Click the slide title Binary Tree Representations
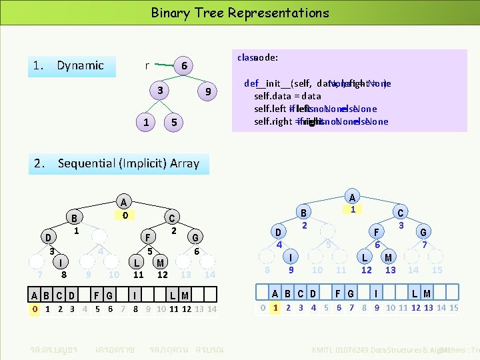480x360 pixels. (x=240, y=13)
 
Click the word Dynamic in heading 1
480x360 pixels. (x=80, y=65)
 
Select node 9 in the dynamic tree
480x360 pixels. (x=209, y=92)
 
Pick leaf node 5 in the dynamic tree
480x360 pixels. (x=173, y=123)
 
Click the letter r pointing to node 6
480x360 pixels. (x=147, y=65)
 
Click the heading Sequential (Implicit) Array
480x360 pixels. (x=128, y=163)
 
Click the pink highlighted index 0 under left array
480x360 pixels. (x=35, y=309)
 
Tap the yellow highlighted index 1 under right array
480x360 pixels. (x=275, y=307)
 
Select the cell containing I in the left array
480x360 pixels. (x=135, y=295)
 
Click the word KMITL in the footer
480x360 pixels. (x=325, y=349)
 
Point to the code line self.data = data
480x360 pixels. (x=287, y=96)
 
